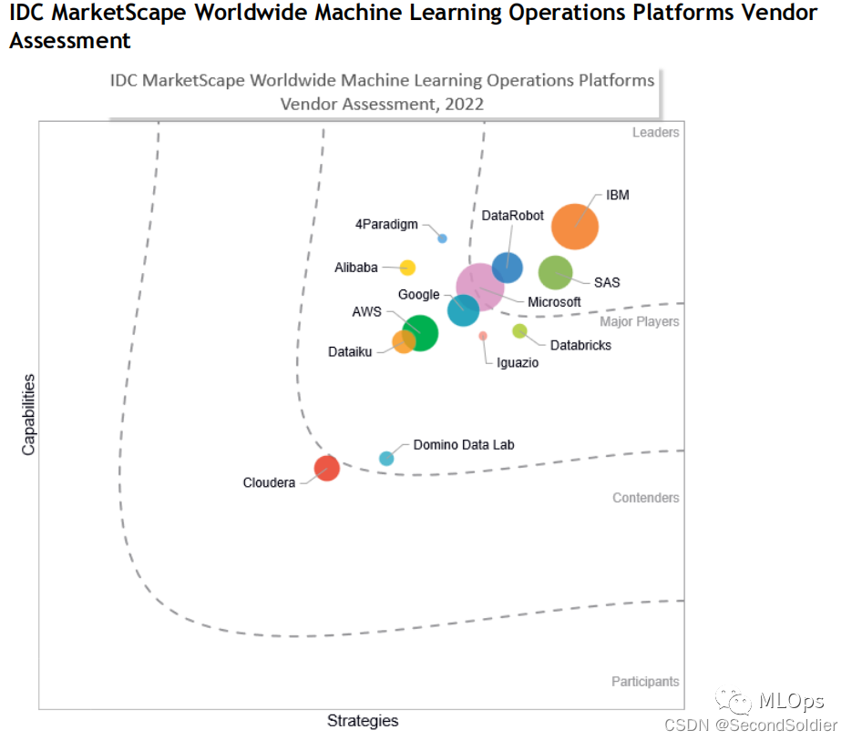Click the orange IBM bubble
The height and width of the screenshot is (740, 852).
[575, 227]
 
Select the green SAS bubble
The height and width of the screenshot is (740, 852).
[555, 272]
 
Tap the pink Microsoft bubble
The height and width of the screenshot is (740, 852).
[479, 287]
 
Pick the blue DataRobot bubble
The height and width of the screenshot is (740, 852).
[508, 268]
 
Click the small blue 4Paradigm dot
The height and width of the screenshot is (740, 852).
[443, 238]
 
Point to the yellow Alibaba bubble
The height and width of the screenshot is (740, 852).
[408, 268]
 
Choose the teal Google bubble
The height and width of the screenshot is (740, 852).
[463, 310]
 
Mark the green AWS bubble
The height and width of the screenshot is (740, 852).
[421, 332]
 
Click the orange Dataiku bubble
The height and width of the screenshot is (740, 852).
[403, 342]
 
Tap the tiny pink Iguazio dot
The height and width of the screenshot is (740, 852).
[483, 336]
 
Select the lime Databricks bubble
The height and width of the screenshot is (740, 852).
[519, 330]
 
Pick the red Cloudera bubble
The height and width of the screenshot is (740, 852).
[326, 468]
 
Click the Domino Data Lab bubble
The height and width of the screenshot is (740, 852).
[386, 458]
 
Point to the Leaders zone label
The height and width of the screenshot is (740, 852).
[655, 133]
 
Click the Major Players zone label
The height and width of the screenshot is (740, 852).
[639, 321]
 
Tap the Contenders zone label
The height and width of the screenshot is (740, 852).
[645, 498]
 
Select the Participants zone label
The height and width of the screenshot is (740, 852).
[644, 682]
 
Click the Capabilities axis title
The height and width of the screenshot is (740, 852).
[29, 414]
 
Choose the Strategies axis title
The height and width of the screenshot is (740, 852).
[363, 721]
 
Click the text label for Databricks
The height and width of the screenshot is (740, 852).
[580, 345]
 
